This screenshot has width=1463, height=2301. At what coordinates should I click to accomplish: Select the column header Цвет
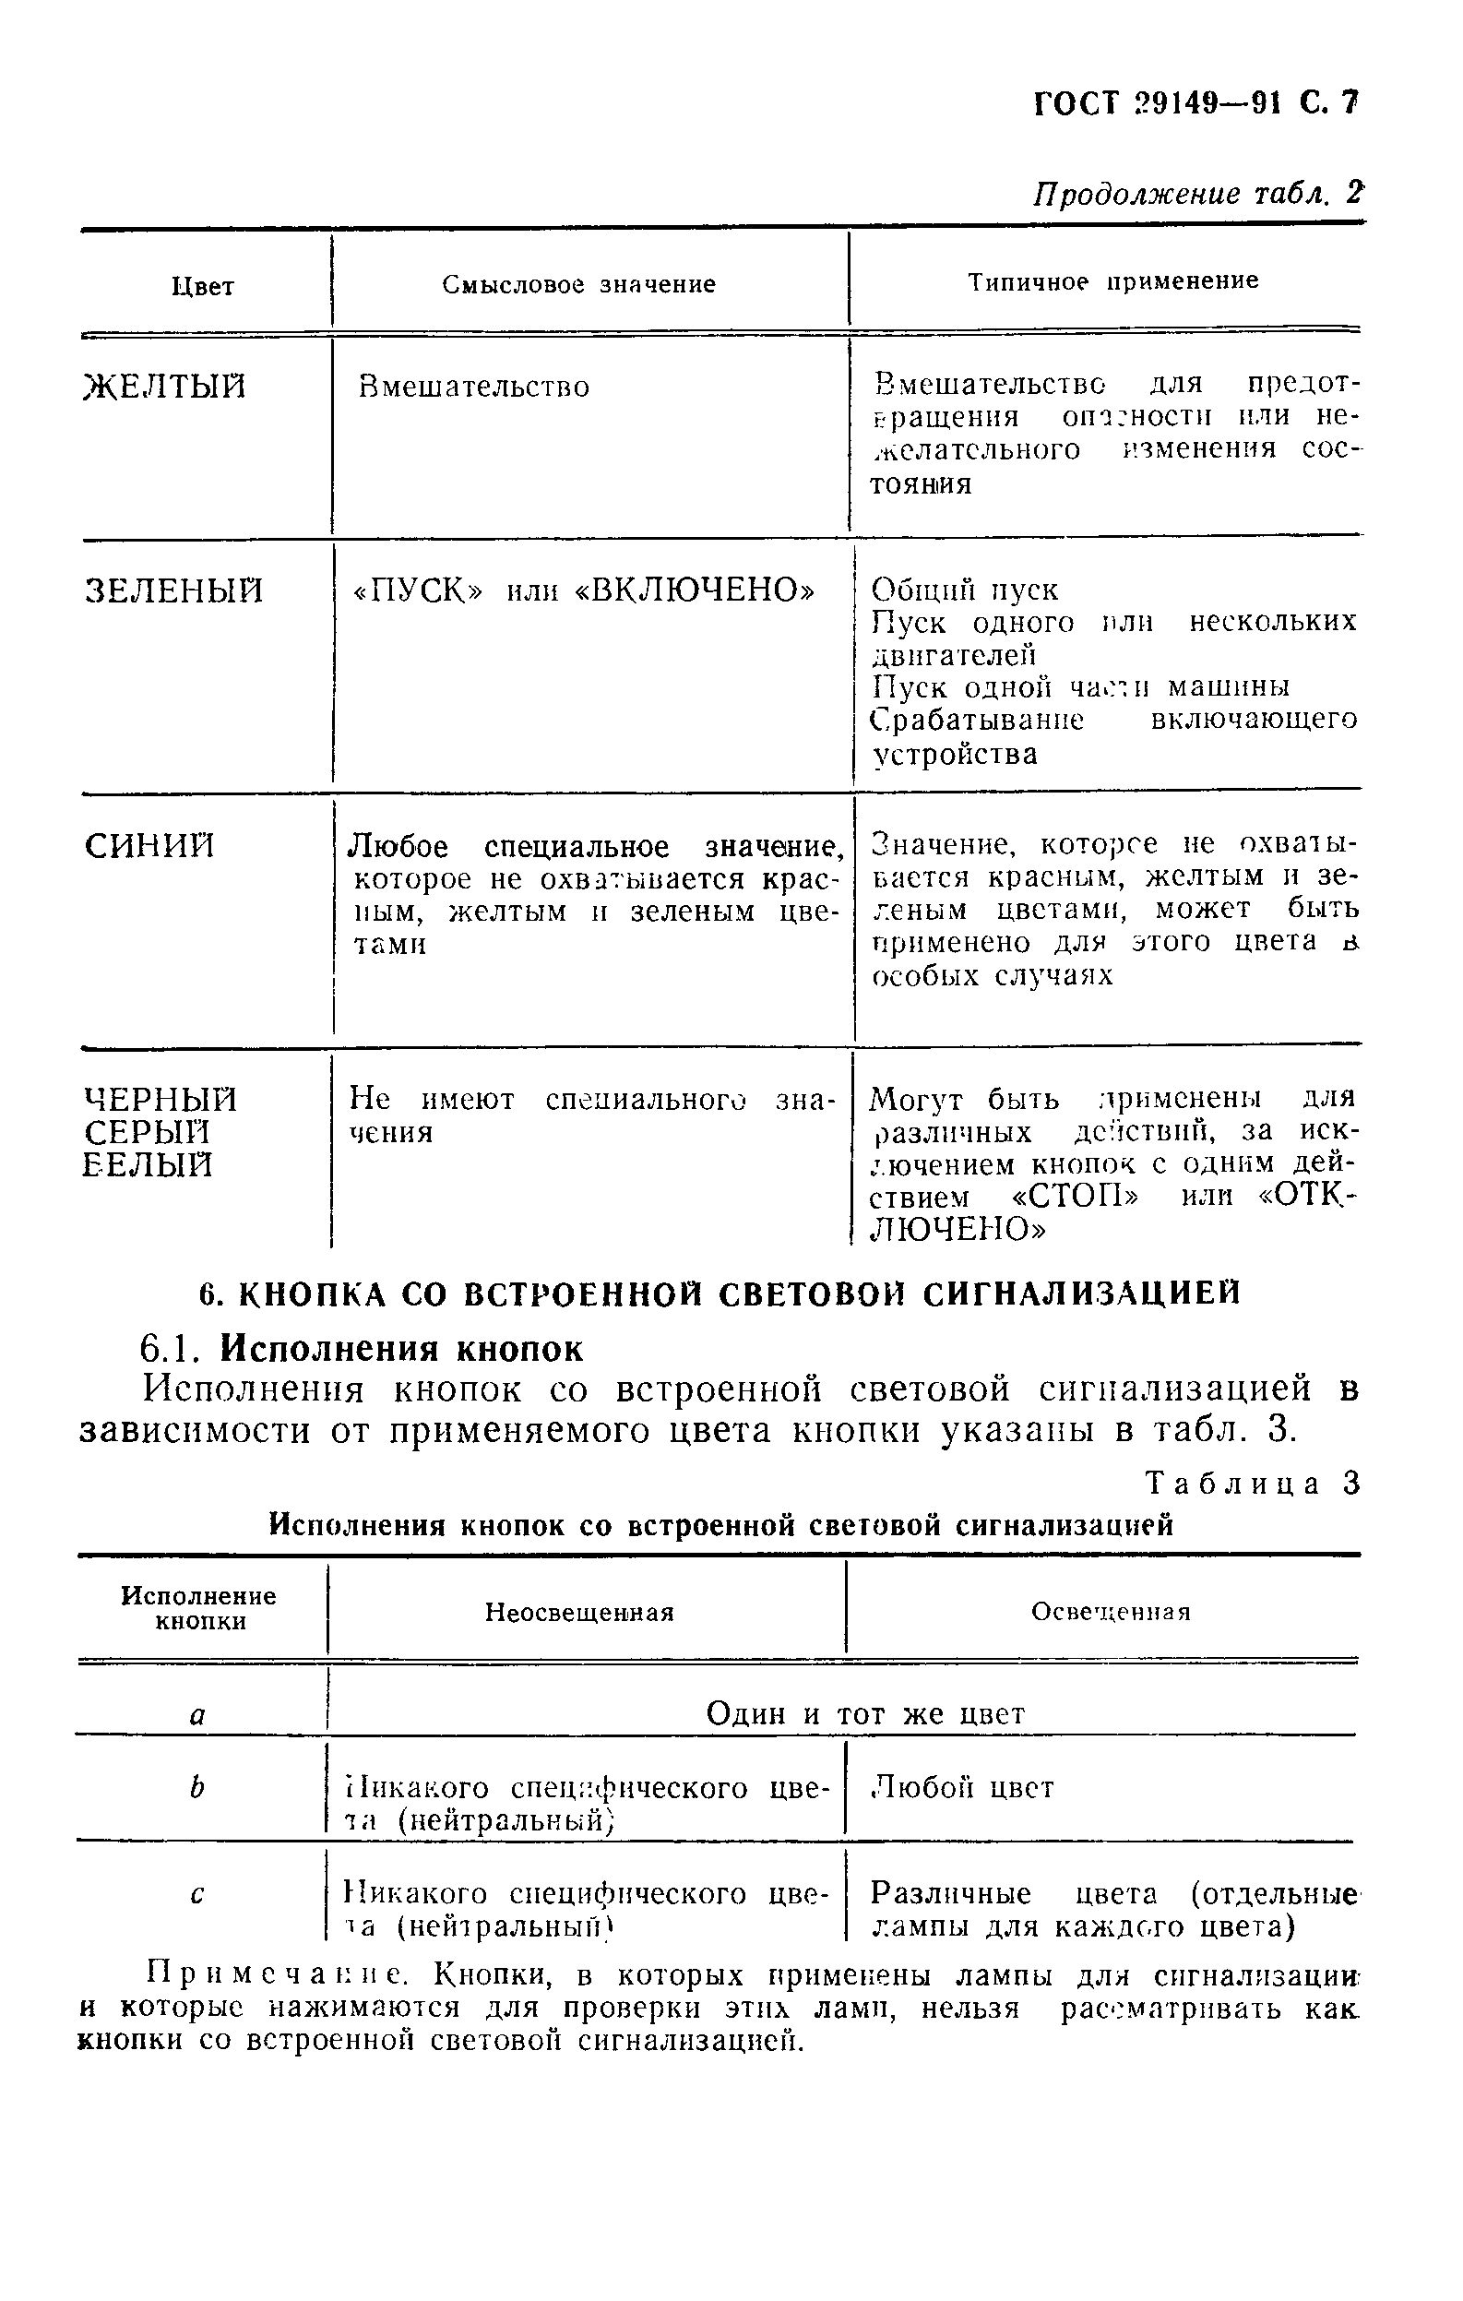203,287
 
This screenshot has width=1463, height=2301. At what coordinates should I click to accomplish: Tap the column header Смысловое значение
579,285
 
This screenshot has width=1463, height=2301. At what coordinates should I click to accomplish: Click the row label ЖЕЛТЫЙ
164,387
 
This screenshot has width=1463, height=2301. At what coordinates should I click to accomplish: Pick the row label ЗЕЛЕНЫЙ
174,590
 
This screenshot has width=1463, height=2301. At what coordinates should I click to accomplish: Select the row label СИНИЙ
150,846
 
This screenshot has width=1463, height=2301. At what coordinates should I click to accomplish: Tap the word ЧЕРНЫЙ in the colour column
161,1100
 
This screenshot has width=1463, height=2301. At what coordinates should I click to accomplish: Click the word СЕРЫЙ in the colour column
148,1133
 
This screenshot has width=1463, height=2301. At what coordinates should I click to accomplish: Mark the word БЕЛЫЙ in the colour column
148,1166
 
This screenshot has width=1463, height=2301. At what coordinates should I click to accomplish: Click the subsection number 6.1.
169,1348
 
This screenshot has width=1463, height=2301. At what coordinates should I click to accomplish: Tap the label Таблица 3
1252,1483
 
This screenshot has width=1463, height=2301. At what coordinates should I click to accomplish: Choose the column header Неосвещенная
579,1613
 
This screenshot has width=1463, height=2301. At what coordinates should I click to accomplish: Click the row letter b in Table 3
196,1787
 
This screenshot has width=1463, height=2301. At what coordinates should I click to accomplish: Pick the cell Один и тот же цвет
866,1714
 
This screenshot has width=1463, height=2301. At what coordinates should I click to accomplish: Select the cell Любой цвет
962,1788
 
